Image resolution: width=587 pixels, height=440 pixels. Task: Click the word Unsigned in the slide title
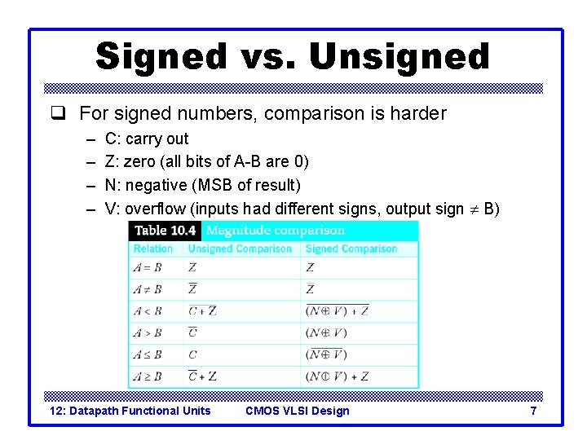click(399, 56)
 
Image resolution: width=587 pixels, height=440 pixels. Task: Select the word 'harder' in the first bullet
click(417, 113)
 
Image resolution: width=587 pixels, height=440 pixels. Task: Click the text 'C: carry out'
click(147, 139)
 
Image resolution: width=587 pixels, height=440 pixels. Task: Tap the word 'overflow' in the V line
click(154, 209)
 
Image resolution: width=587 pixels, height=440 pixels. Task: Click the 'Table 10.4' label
click(165, 231)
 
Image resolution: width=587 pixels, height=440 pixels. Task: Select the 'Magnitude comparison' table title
click(275, 231)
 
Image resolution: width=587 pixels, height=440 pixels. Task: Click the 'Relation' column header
click(153, 249)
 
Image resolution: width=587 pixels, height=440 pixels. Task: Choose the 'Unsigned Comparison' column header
click(240, 249)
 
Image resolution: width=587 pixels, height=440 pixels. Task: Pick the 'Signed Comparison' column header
click(351, 249)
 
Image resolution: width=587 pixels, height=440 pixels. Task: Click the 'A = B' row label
click(148, 267)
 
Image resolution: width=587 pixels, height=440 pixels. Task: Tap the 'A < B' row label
click(148, 310)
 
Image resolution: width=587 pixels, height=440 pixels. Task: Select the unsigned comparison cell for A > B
click(192, 332)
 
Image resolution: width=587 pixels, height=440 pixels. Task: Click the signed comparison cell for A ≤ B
click(326, 354)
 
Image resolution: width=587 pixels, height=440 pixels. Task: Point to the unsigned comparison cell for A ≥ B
click(202, 376)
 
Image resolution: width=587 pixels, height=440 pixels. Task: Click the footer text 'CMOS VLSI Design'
click(297, 411)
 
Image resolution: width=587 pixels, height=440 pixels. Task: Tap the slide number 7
click(533, 411)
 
